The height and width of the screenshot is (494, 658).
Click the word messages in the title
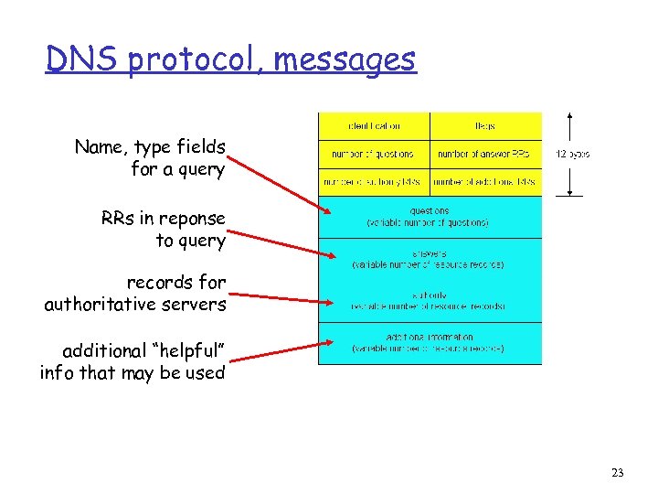pos(345,60)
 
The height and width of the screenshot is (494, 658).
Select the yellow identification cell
pos(374,125)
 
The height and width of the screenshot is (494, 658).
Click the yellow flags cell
pos(485,125)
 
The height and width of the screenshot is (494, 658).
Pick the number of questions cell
pos(374,154)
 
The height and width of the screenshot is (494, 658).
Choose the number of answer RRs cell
pos(485,154)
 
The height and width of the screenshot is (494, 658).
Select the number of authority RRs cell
pos(374,182)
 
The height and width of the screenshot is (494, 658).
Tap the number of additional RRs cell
pos(485,182)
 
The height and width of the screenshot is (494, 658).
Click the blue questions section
pos(430,217)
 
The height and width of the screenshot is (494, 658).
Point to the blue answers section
pos(430,259)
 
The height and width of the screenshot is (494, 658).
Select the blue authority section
pos(430,300)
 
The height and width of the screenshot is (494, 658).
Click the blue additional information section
pos(430,343)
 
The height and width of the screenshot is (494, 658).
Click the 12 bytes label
pos(573,154)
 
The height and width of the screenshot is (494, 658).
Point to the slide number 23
pos(618,473)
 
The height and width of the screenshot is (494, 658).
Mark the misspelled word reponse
pos(194,219)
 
